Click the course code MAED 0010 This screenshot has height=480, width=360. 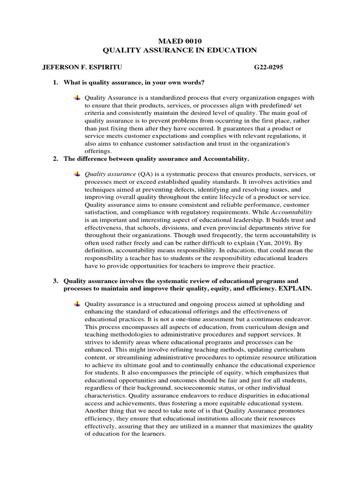(x=180, y=41)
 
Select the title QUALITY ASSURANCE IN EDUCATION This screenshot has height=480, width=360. (x=180, y=50)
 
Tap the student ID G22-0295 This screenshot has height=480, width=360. (x=269, y=67)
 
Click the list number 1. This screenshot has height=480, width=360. (x=55, y=82)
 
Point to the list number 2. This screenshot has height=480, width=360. (x=55, y=159)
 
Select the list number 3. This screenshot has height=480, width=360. (x=55, y=281)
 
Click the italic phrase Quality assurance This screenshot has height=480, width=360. (x=110, y=174)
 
